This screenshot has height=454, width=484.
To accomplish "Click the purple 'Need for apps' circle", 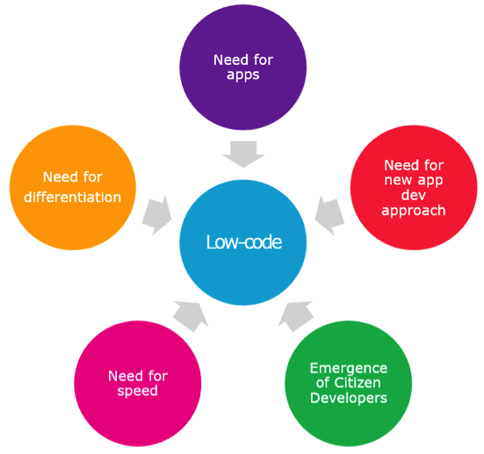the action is tap(243, 68).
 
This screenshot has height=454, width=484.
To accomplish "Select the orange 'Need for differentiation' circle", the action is tap(73, 188).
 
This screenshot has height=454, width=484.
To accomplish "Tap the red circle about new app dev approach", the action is tap(414, 188).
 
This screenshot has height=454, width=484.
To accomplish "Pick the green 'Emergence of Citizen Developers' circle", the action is tap(348, 384).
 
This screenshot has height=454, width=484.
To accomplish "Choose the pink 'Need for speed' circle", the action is tap(138, 384).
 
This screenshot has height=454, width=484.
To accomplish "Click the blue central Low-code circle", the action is tap(243, 242).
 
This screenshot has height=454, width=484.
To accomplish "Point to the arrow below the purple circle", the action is tap(243, 155).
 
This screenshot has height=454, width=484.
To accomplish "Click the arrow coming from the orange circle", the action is tap(157, 215).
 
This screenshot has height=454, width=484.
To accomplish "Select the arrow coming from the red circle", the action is tap(329, 215).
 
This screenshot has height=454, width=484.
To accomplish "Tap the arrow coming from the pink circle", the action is tap(191, 317).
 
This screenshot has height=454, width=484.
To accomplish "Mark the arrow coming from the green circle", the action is tap(296, 317).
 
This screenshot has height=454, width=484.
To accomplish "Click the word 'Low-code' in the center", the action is tap(244, 242).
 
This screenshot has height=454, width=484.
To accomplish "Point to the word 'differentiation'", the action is tap(73, 198).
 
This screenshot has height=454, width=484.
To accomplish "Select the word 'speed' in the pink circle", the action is tap(138, 391).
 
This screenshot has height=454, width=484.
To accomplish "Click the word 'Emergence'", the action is tap(349, 369).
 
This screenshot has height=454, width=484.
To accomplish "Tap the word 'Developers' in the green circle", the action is tap(349, 398).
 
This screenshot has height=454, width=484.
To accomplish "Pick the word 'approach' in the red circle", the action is tap(414, 211).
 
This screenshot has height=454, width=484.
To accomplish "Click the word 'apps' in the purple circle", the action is tap(243, 76).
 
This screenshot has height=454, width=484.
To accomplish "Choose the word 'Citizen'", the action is tap(358, 383).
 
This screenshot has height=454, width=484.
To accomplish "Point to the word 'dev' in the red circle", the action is tap(414, 195).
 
